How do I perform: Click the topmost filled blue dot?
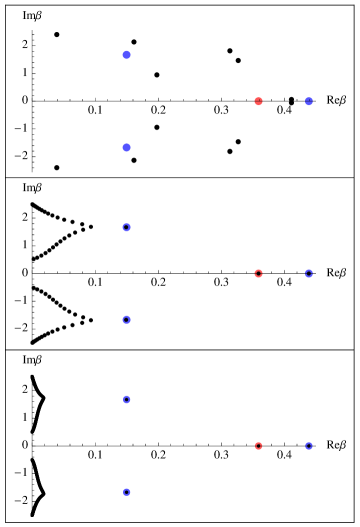pyautogui.click(x=126, y=55)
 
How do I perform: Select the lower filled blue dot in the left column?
pyautogui.click(x=126, y=148)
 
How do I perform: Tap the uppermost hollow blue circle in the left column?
pyautogui.click(x=126, y=228)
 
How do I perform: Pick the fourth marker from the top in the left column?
pyautogui.click(x=126, y=320)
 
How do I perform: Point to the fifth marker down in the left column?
pyautogui.click(x=126, y=400)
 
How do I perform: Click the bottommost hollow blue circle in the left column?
pyautogui.click(x=126, y=492)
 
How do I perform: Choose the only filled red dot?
pyautogui.click(x=258, y=101)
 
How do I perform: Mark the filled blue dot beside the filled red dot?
pyautogui.click(x=309, y=101)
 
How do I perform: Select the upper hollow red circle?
pyautogui.click(x=258, y=273)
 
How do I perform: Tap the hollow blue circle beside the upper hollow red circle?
pyautogui.click(x=309, y=273)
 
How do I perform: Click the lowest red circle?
pyautogui.click(x=258, y=445)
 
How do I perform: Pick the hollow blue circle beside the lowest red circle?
pyautogui.click(x=309, y=445)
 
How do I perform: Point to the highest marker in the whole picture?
pyautogui.click(x=126, y=55)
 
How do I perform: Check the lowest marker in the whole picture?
pyautogui.click(x=126, y=492)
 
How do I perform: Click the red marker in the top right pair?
pyautogui.click(x=258, y=101)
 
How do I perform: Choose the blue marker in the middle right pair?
pyautogui.click(x=309, y=273)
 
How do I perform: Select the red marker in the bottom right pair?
pyautogui.click(x=258, y=445)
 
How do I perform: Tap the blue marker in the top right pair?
pyautogui.click(x=309, y=101)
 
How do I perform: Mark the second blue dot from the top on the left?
pyautogui.click(x=126, y=148)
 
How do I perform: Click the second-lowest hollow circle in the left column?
pyautogui.click(x=126, y=400)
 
